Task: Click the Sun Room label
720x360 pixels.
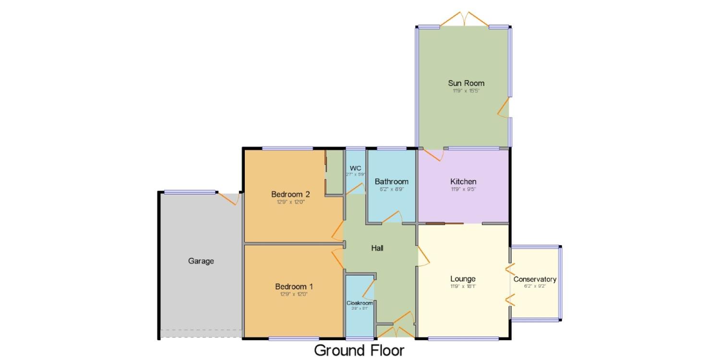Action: [x=466, y=83]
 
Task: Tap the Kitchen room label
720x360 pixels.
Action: [x=463, y=181]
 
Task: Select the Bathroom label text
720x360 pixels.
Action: [x=392, y=181]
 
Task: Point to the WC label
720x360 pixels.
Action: [x=355, y=168]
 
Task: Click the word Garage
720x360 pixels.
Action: [x=201, y=261]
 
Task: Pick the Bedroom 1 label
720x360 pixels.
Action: [x=294, y=287]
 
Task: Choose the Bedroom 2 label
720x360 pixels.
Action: [x=290, y=194]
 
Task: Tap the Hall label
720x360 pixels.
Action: [x=377, y=248]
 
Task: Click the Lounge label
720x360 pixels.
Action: [x=463, y=279]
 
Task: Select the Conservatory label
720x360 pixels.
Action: [x=535, y=279]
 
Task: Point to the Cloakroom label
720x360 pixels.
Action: [x=360, y=303]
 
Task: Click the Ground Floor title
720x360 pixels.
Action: [x=359, y=350]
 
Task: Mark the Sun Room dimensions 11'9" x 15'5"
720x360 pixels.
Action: [x=466, y=91]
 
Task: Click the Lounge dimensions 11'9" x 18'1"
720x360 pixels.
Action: [x=463, y=286]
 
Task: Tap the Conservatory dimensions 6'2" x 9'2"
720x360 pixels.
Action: [x=535, y=286]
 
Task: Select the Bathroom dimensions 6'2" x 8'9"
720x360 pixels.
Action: [x=392, y=189]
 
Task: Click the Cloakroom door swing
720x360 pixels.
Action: [x=368, y=290]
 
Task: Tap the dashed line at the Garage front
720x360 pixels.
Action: [x=201, y=330]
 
